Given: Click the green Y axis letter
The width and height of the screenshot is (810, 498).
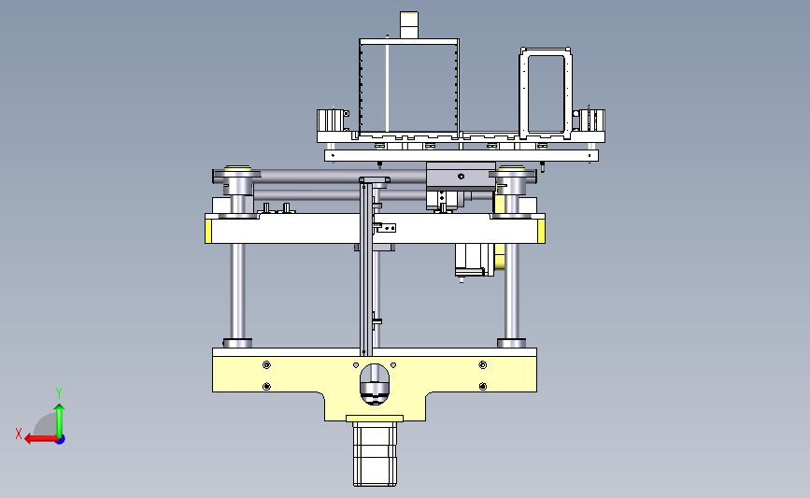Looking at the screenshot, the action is (x=59, y=393).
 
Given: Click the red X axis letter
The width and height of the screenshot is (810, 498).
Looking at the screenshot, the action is (x=19, y=434).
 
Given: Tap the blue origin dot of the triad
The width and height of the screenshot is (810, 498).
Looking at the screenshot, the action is (x=61, y=440).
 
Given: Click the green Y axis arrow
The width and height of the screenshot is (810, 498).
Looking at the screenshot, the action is (x=60, y=420).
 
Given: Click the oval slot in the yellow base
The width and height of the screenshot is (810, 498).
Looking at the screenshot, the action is (x=375, y=384).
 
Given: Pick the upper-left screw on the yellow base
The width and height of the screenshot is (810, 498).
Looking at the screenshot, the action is (x=266, y=365).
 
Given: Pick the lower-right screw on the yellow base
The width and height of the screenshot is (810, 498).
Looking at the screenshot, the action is (x=482, y=387).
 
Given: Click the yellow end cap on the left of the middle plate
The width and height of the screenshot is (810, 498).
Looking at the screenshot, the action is (x=208, y=231).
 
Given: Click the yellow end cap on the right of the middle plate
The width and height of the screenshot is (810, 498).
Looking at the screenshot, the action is (x=541, y=231).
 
